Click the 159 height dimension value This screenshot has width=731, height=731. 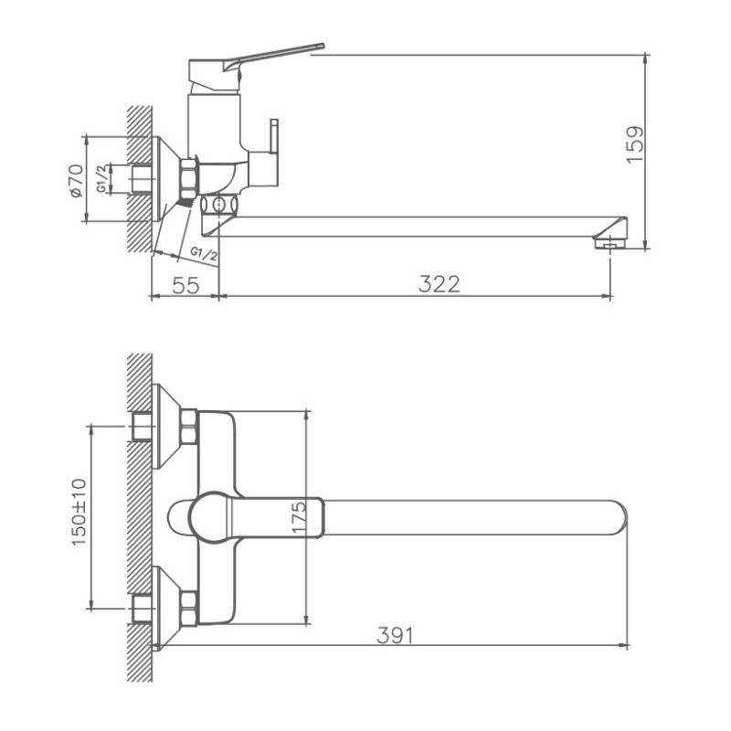(x=635, y=144)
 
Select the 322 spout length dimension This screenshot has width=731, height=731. (x=439, y=284)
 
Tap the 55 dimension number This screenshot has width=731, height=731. (x=185, y=284)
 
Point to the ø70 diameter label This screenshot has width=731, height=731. (x=76, y=180)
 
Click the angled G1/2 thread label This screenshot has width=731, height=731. (x=204, y=253)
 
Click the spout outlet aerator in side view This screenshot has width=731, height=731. (x=607, y=242)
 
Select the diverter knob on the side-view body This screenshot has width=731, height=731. (x=273, y=137)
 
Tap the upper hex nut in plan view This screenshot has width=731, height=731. (x=189, y=427)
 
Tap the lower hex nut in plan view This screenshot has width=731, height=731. (x=189, y=608)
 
